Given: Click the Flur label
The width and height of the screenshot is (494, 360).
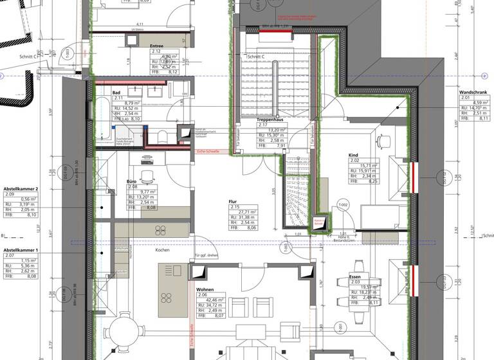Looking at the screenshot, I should click(233, 202).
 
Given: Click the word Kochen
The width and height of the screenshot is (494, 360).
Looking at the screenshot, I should click(161, 250).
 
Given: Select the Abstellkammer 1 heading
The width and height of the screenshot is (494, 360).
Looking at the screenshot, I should click(21, 249).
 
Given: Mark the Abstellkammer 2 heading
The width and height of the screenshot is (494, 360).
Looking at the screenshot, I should click(21, 188).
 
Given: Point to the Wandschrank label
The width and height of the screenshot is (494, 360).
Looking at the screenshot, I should click(473, 93).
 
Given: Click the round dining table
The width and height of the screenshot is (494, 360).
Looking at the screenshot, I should click(122, 336).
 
